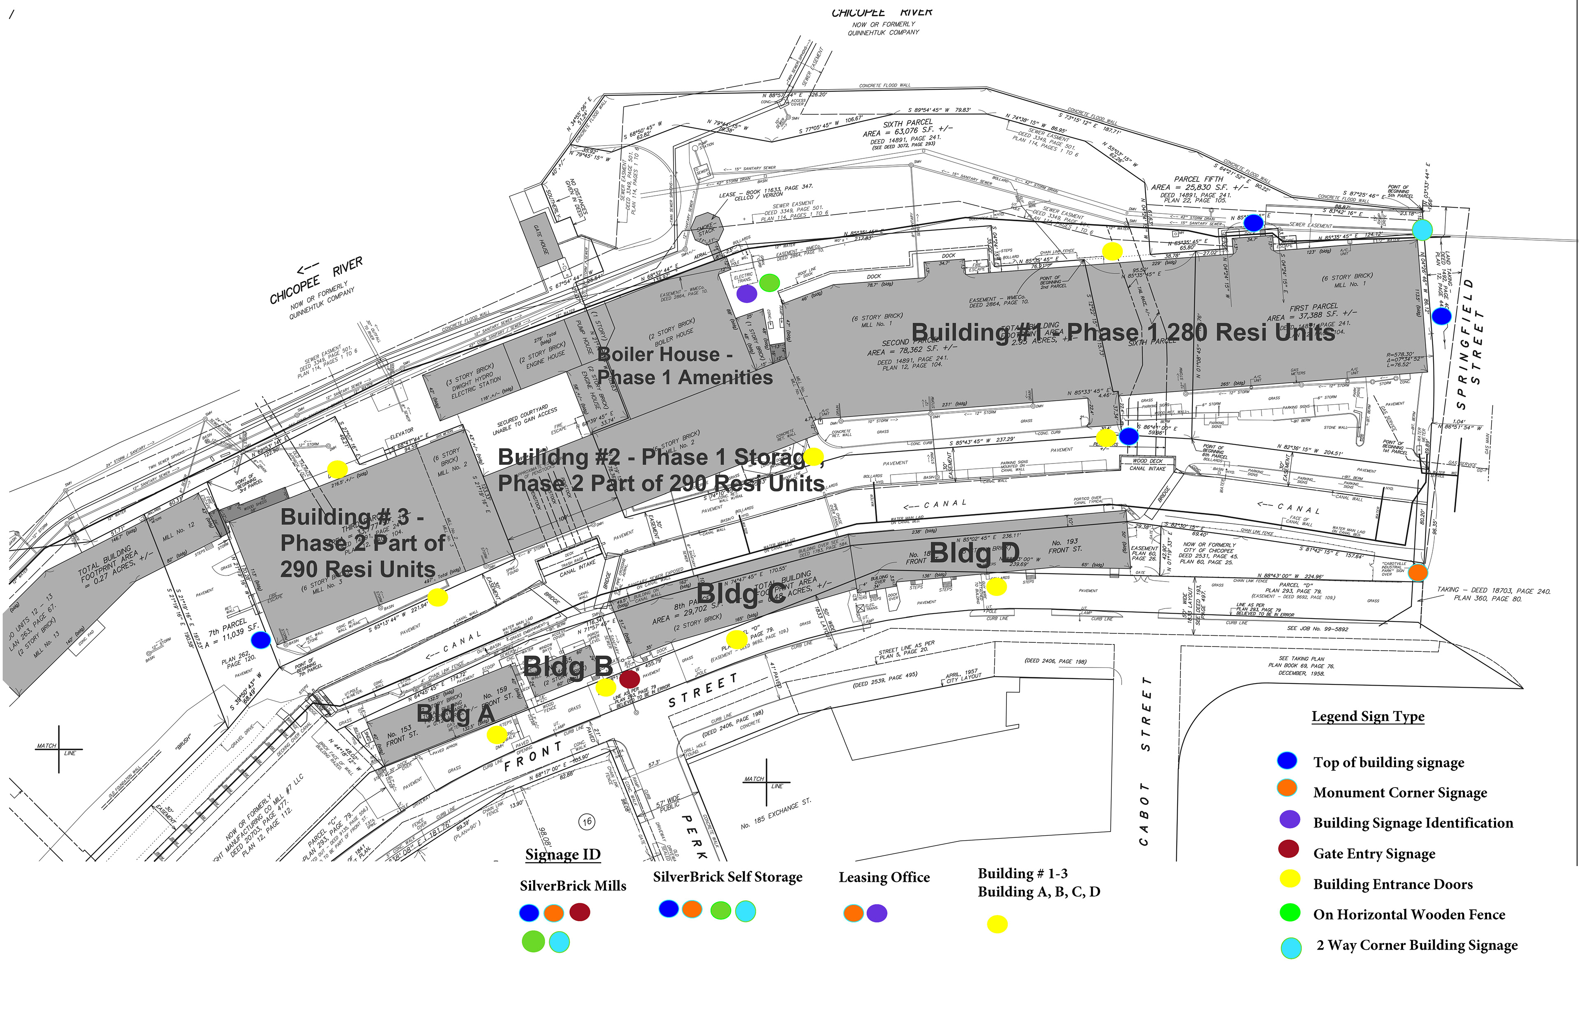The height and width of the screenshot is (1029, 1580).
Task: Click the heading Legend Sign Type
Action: (x=1368, y=716)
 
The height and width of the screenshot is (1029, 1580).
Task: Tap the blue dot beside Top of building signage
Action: (x=1287, y=761)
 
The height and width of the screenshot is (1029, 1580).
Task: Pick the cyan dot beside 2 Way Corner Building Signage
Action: (x=1291, y=948)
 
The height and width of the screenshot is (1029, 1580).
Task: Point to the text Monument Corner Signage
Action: (x=1399, y=793)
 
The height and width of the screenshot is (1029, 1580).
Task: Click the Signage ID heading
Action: (x=562, y=855)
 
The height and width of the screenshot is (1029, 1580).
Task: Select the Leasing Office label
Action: (x=883, y=877)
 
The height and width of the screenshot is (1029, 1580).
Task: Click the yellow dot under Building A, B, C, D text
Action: (x=997, y=924)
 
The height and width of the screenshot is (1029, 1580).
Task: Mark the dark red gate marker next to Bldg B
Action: (x=630, y=679)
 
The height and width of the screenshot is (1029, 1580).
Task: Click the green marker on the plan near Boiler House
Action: (x=769, y=283)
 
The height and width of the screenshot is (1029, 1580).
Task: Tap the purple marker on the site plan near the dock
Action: (x=747, y=293)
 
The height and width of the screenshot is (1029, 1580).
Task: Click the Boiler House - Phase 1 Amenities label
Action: (x=684, y=366)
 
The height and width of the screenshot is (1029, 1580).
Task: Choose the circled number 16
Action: (x=587, y=821)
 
